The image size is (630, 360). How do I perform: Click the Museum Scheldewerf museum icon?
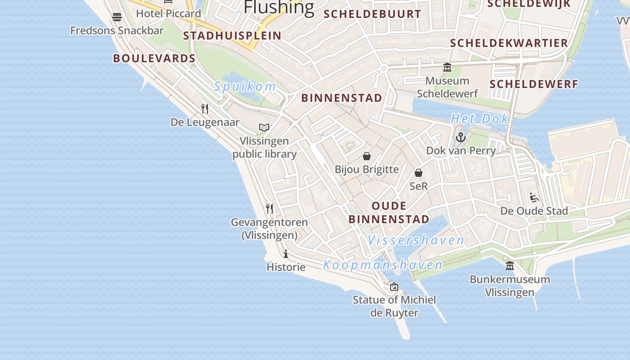click(447, 67)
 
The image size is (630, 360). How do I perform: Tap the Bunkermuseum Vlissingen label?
click(510, 285)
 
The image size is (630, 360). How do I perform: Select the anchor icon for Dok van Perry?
click(461, 137)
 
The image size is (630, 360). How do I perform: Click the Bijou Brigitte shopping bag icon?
click(367, 156)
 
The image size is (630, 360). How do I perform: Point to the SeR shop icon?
click(418, 173)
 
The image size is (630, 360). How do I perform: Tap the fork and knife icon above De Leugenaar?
click(205, 108)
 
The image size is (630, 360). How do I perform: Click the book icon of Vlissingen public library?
click(264, 128)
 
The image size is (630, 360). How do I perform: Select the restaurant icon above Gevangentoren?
click(269, 209)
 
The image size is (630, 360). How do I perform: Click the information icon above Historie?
click(286, 254)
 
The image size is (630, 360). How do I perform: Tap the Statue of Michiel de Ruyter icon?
click(394, 287)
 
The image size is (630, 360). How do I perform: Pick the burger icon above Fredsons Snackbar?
click(117, 17)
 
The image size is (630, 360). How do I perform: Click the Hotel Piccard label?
click(168, 13)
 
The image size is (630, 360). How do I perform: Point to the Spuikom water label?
click(245, 86)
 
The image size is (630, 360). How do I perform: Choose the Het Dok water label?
click(480, 119)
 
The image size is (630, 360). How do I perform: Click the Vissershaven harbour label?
click(416, 240)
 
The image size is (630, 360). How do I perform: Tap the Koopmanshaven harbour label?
click(383, 265)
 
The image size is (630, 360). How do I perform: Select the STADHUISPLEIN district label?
click(232, 36)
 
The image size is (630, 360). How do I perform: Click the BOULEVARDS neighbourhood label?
click(154, 58)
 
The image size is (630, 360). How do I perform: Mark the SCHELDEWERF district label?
click(534, 84)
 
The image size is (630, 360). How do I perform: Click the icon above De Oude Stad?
click(534, 198)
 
